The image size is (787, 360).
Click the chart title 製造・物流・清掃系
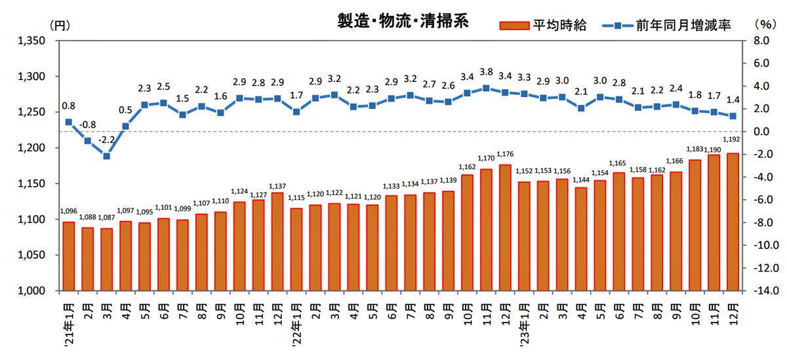(403, 21)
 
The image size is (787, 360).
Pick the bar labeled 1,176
(505, 227)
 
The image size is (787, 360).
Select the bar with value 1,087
(106, 259)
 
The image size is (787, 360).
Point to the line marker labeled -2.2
(106, 156)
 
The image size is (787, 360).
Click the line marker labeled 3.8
(486, 88)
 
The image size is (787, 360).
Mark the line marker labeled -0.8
(87, 140)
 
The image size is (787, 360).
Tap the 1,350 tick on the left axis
(31, 41)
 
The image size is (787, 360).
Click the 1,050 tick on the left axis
(31, 255)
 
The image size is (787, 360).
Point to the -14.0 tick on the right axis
(765, 290)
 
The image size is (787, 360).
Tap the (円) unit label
(58, 26)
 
